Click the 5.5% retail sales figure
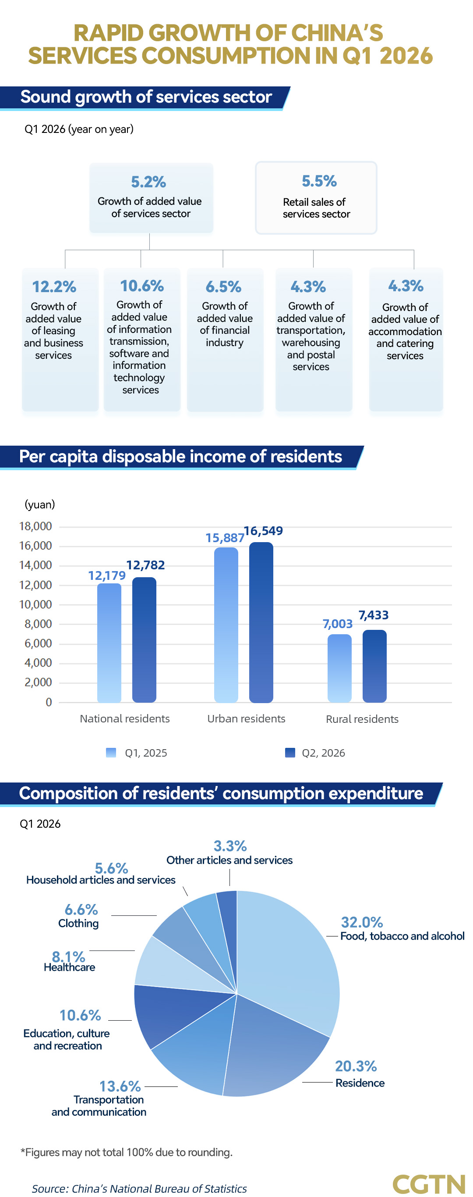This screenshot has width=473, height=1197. (x=319, y=181)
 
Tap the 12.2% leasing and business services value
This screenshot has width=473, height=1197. (x=54, y=287)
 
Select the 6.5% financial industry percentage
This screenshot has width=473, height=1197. (x=223, y=287)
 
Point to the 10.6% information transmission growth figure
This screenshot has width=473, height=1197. (x=141, y=286)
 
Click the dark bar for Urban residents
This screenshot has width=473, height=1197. (x=261, y=622)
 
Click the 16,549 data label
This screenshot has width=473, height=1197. (x=263, y=531)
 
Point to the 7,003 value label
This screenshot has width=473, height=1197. (x=338, y=624)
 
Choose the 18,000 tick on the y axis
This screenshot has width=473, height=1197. (x=35, y=526)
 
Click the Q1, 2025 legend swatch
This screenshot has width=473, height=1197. (x=111, y=752)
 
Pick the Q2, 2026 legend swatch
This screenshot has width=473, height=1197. (x=289, y=752)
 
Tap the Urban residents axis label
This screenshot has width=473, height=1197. (x=246, y=718)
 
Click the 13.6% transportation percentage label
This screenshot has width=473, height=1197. (x=120, y=1086)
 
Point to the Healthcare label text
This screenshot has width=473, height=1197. (x=69, y=967)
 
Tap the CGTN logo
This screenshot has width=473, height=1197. (x=428, y=1183)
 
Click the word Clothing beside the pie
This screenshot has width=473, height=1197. (x=78, y=923)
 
